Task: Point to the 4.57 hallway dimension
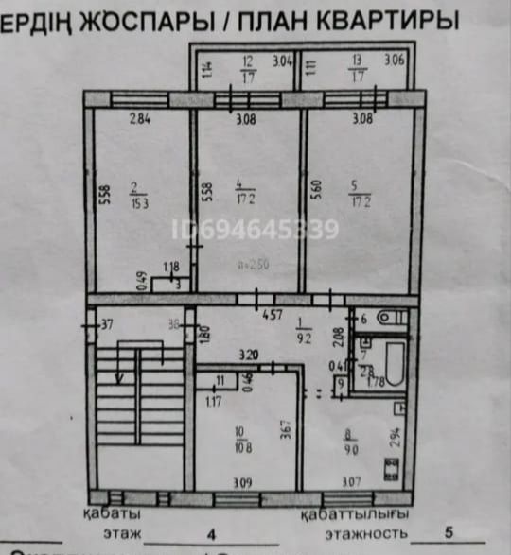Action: pyautogui.click(x=273, y=314)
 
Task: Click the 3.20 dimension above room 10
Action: pyautogui.click(x=249, y=356)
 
